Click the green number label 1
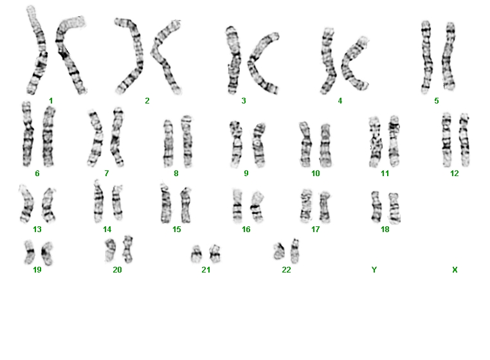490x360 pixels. [51, 101]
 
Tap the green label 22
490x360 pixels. [286, 270]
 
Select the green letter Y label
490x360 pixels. [374, 270]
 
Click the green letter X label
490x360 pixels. [455, 270]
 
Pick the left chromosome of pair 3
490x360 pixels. [233, 60]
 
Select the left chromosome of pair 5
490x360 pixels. [426, 57]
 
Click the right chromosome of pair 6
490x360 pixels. [48, 136]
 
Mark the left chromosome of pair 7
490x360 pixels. [96, 138]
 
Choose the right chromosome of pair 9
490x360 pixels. [259, 145]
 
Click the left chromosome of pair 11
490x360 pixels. [376, 142]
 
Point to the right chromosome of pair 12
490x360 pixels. [464, 139]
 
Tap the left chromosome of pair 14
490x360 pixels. [98, 201]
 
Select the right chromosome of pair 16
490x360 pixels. [257, 206]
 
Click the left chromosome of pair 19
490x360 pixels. [30, 252]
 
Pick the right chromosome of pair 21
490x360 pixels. [215, 253]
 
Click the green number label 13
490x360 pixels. [37, 230]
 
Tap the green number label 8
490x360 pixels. [176, 174]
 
